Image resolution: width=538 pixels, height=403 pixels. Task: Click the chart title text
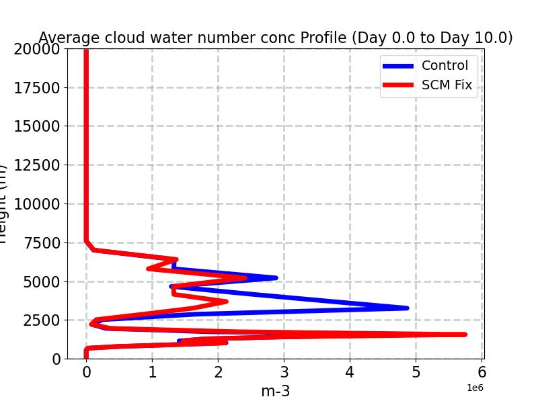pos(276,38)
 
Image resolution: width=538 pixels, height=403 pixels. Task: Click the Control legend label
pos(445,65)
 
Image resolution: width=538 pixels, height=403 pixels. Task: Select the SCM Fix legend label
pos(447,85)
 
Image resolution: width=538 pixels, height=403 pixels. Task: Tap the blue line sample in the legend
pos(398,66)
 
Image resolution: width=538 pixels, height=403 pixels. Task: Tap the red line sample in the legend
pos(398,86)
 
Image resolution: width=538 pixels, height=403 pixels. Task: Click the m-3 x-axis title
pos(276,391)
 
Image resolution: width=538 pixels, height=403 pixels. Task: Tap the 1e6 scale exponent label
pos(475,388)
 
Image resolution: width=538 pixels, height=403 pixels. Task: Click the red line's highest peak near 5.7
pos(464,334)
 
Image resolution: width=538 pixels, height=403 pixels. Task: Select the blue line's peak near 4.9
pos(406,308)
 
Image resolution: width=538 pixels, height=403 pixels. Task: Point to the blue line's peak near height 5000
pos(275,277)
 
